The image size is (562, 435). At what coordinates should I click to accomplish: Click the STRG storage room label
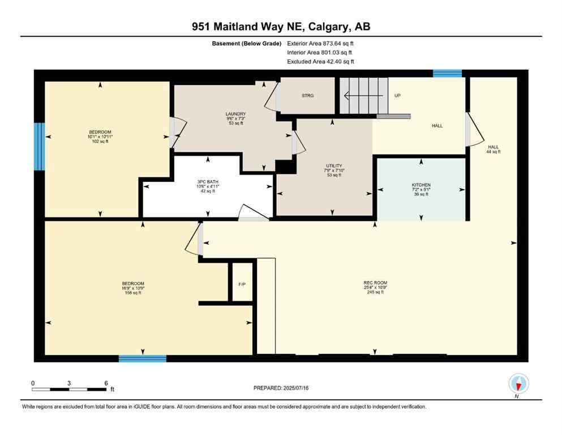tap(307, 96)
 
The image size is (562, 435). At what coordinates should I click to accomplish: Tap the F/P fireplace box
tap(242, 283)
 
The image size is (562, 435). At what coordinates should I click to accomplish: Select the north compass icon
tap(518, 385)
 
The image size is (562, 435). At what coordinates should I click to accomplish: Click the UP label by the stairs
tap(397, 96)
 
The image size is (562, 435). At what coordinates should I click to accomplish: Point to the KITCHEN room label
tap(421, 185)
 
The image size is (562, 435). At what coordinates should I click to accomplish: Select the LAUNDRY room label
tap(235, 114)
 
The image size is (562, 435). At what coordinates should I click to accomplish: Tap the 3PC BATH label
tap(207, 182)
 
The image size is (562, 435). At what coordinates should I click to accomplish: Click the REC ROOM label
tap(375, 283)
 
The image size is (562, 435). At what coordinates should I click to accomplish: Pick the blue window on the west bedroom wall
tap(38, 147)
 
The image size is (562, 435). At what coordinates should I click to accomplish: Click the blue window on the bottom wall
tap(143, 358)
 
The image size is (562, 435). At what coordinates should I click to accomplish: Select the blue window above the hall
tap(447, 73)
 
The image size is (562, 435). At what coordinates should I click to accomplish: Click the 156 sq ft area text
tap(133, 293)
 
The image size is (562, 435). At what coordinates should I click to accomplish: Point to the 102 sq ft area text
tap(100, 142)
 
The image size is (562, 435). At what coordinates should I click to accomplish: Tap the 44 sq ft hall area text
tap(493, 152)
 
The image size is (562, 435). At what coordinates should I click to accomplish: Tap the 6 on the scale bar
tap(106, 383)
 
